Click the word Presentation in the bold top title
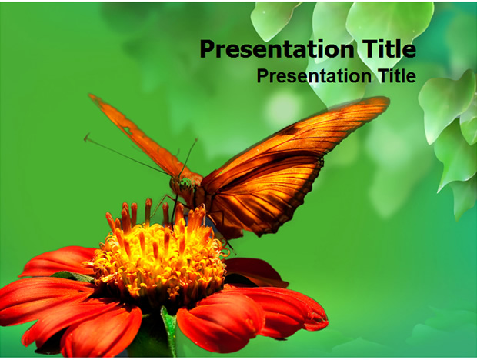[277, 49]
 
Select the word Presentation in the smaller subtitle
[314, 75]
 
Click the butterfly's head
[185, 185]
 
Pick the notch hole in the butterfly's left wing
[128, 131]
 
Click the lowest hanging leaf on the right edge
[464, 198]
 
